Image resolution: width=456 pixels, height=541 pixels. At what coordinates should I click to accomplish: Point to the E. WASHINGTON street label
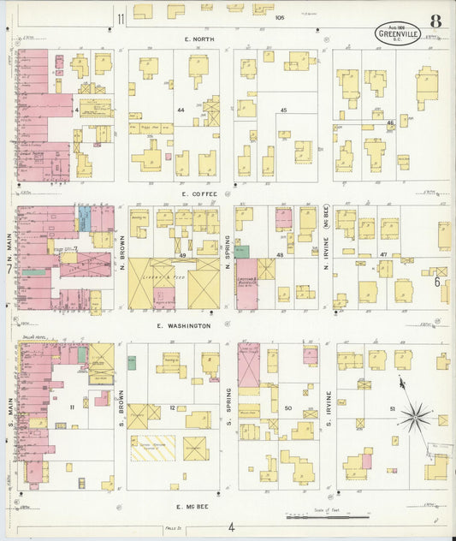183,326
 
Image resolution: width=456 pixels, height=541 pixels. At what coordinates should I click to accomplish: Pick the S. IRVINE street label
328,412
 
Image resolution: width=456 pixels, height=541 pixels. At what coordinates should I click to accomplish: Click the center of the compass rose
415,418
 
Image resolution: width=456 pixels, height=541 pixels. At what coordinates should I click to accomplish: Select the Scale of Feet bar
328,517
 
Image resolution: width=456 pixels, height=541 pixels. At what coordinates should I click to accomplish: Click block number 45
283,110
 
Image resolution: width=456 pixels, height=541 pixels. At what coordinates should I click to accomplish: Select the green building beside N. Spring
242,252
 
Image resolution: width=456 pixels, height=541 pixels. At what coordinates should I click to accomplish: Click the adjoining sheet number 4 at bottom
231,527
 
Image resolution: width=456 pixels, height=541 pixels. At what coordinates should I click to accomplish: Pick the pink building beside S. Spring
248,366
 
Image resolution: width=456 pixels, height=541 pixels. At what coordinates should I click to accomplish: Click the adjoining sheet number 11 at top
121,19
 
